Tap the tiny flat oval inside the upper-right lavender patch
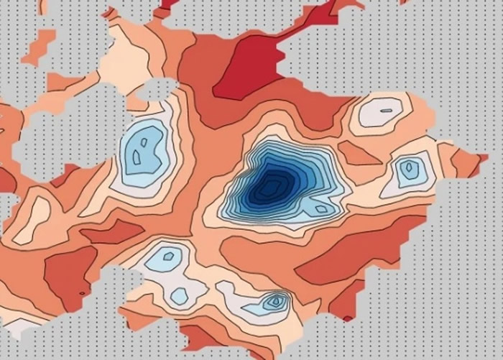point(387,111)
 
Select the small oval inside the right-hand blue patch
point(409,170)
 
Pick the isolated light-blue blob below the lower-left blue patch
point(180,295)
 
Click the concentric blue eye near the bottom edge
point(275,301)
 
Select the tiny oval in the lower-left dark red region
point(82,293)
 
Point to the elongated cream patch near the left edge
point(30,218)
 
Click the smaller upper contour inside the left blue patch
point(144,142)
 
